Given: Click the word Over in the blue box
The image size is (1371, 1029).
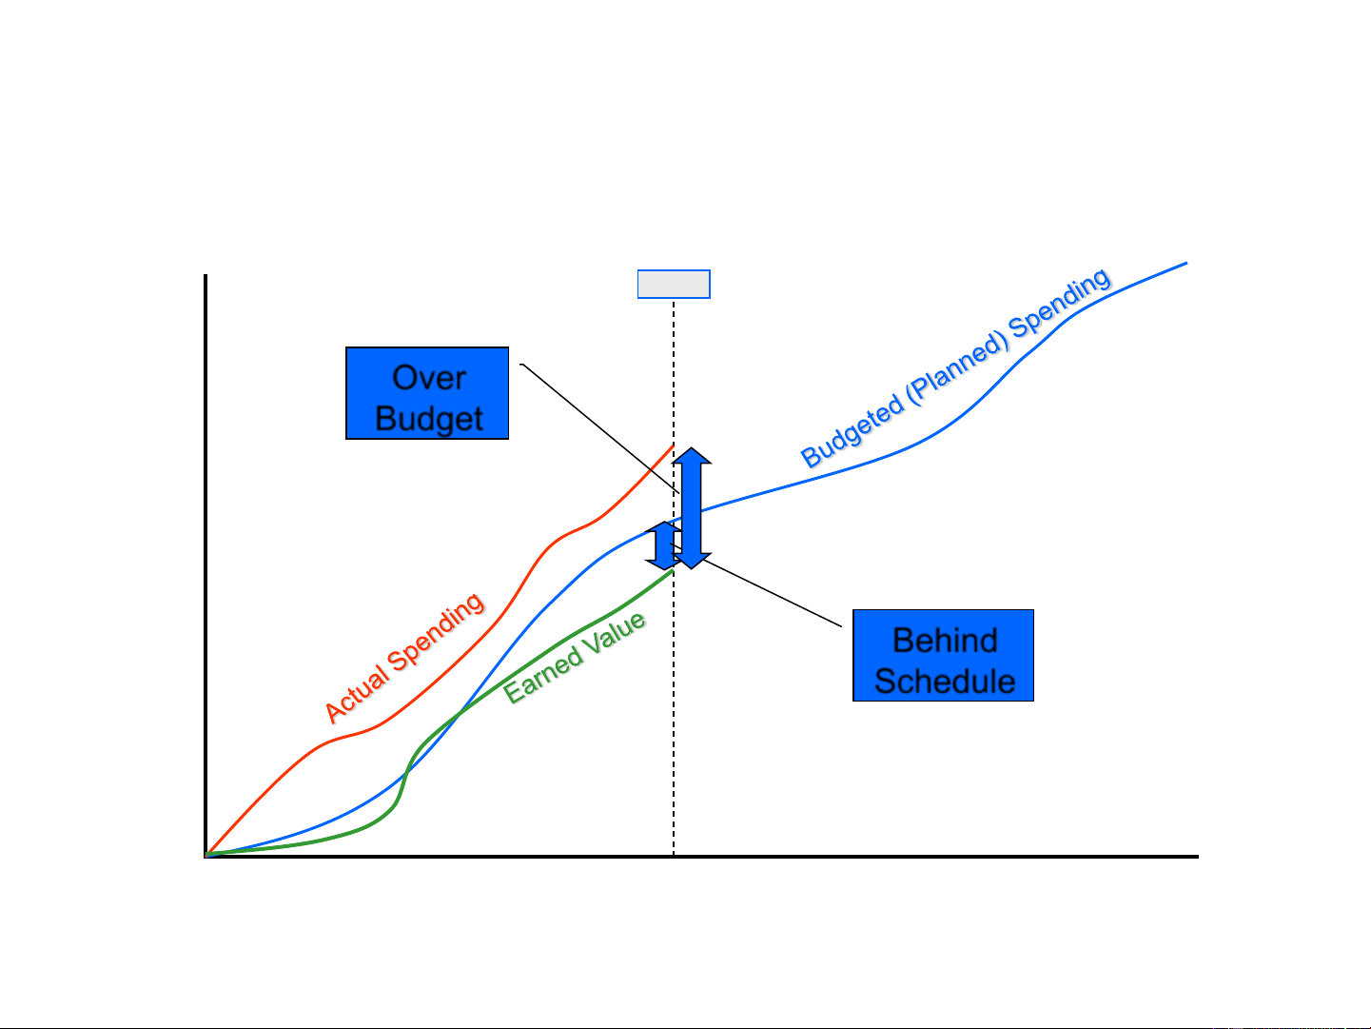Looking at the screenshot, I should pos(428,378).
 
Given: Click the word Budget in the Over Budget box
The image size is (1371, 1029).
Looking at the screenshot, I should pos(429,419).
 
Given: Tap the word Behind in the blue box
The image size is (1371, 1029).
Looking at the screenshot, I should pos(944,640).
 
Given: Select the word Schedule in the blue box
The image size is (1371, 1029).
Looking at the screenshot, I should pos(944,682).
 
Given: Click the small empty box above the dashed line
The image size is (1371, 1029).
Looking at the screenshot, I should pos(673,285).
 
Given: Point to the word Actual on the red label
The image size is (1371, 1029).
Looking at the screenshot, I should pos(357,692).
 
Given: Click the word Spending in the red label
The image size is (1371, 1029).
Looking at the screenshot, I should pos(438,633).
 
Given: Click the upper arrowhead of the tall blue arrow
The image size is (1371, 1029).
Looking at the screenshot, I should pos(692,456).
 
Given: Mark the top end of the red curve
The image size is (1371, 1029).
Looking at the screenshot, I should pos(673,445).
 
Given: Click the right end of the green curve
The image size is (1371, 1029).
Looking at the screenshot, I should pos(672,571).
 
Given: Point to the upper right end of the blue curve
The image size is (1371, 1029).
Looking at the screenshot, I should pos(1185,263).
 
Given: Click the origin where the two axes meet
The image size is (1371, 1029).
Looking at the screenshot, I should pos(206,856).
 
